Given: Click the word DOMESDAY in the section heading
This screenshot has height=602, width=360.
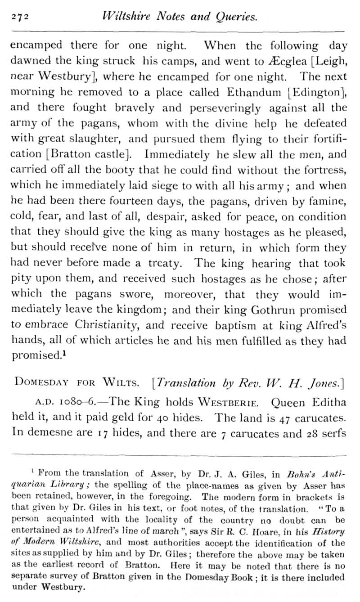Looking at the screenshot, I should tap(41, 383).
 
